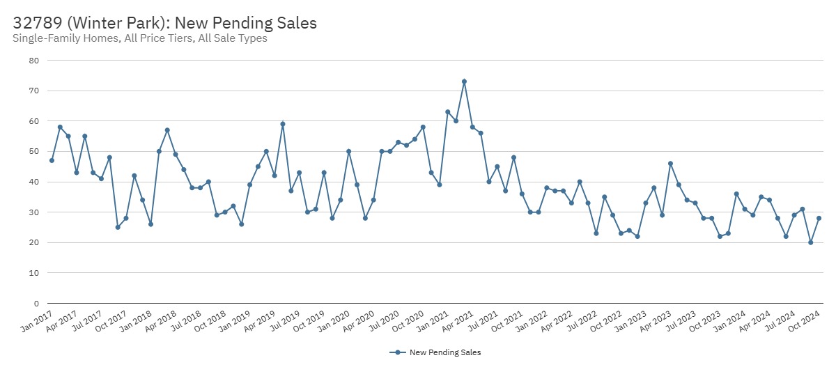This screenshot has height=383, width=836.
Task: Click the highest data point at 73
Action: (464, 81)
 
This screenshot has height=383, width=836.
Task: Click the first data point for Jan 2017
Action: (52, 160)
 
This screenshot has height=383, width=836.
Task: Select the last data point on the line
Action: (819, 218)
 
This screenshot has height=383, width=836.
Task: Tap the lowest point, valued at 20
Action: (811, 242)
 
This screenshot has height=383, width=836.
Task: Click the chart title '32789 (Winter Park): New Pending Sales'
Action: (164, 22)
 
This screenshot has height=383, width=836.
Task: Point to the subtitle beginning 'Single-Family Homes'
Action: (140, 38)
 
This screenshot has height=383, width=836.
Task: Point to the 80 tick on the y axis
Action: (33, 61)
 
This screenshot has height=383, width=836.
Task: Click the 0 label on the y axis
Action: (36, 304)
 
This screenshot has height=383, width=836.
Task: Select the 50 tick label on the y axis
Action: (33, 152)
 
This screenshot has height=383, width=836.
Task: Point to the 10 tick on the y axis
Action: (33, 273)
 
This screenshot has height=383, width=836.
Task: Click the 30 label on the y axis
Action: (33, 212)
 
